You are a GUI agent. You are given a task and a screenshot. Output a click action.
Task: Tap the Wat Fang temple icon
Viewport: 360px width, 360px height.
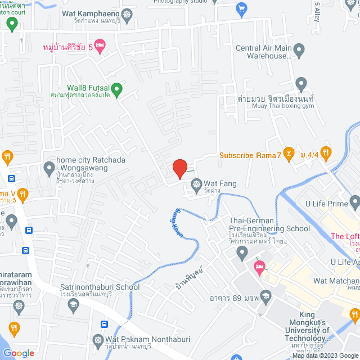pyautogui.click(x=196, y=183)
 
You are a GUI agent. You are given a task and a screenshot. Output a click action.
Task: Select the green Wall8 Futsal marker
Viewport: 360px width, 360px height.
pyautogui.click(x=116, y=88)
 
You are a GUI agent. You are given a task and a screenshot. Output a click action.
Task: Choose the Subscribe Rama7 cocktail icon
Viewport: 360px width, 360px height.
pyautogui.click(x=289, y=152)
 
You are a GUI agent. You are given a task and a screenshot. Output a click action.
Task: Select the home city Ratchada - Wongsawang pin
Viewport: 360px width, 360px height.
pyautogui.click(x=48, y=168)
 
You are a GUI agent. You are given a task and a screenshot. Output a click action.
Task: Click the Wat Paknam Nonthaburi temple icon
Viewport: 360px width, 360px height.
pyautogui.click(x=97, y=340)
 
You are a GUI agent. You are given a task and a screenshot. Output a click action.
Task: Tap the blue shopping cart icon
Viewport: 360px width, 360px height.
pyautogui.click(x=242, y=8)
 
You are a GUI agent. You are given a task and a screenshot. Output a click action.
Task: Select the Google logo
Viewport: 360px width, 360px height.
pyautogui.click(x=18, y=353)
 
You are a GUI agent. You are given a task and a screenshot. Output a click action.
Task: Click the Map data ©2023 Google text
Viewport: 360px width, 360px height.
pyautogui.click(x=324, y=355)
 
